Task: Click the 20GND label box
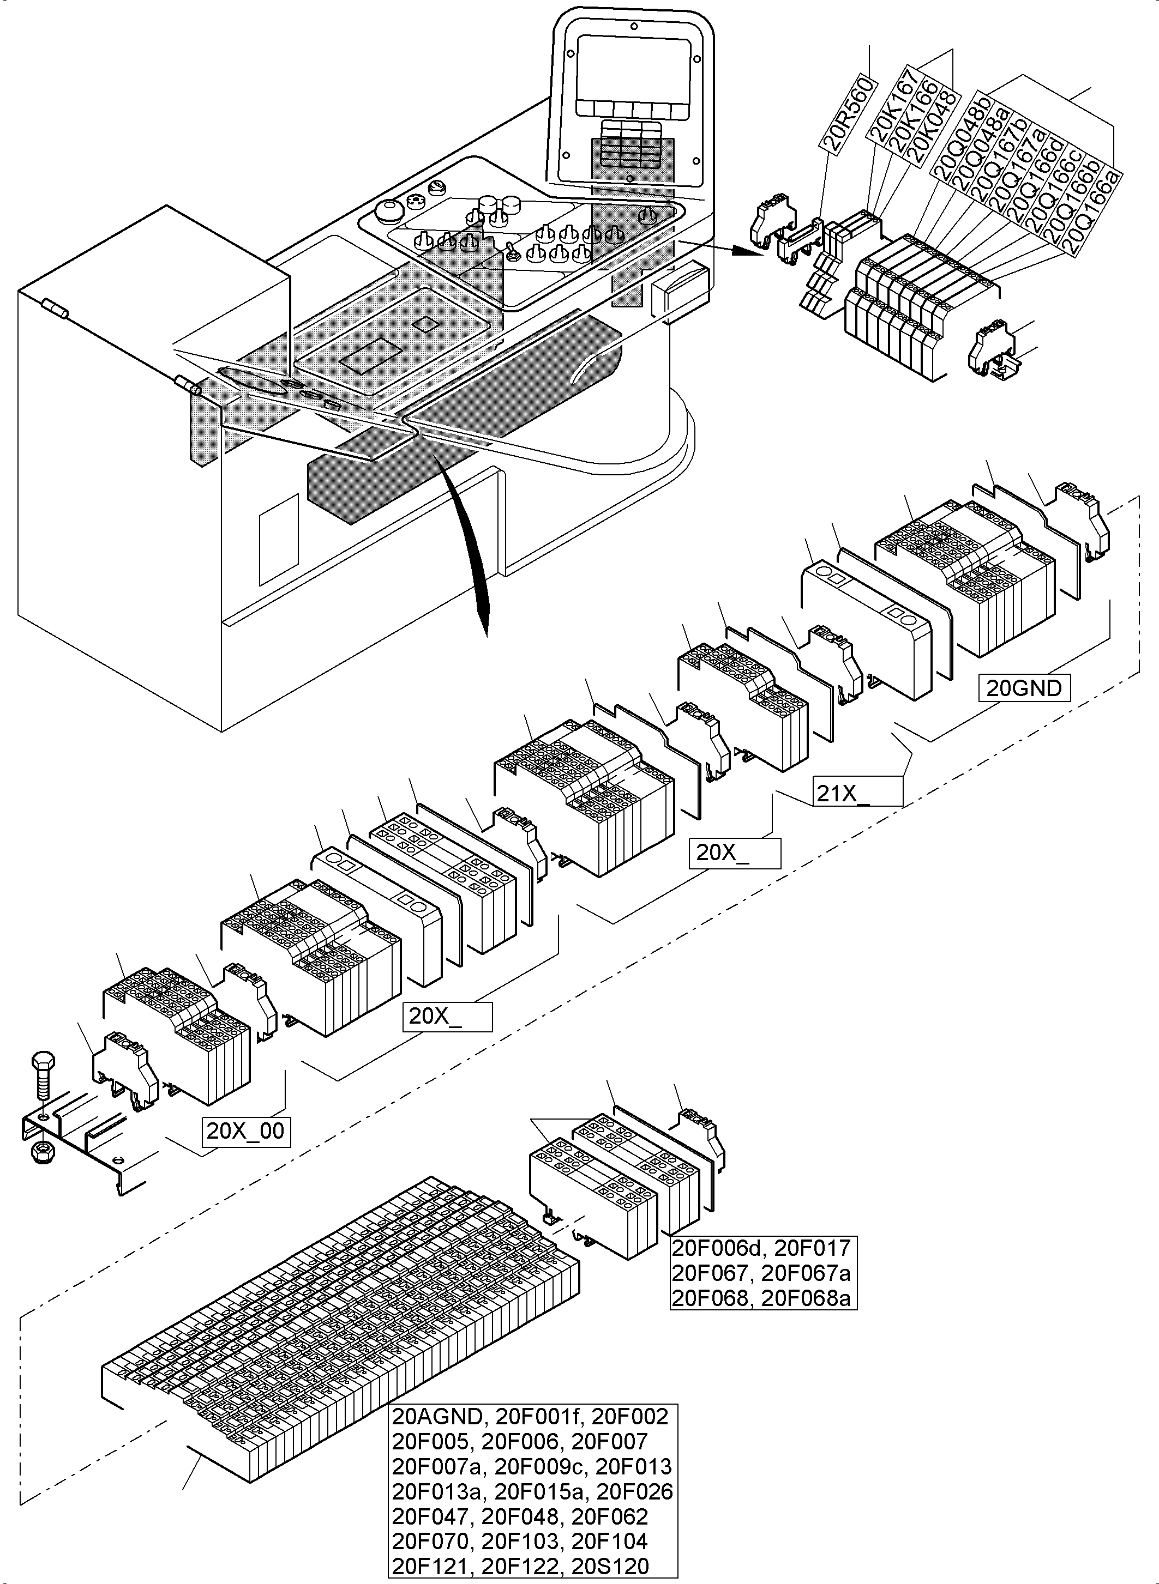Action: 1024,688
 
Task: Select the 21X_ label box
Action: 857,793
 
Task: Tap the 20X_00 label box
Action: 245,1131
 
